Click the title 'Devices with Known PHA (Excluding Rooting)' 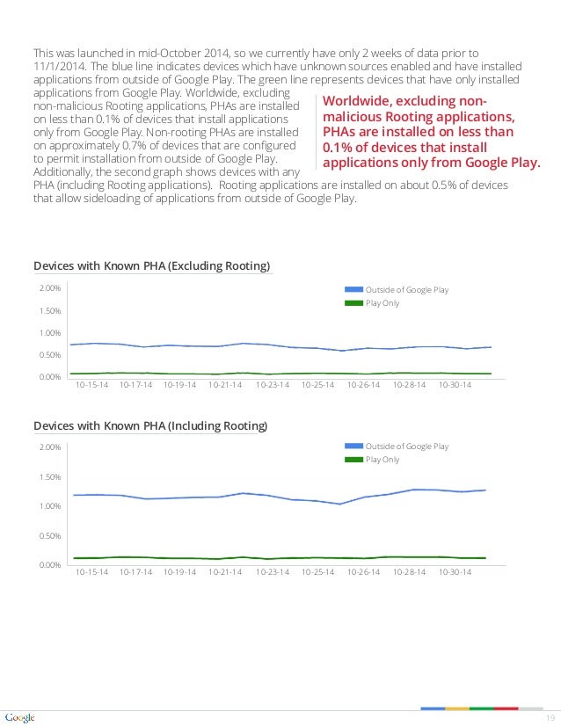pos(151,266)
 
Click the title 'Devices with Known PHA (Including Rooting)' pos(150,426)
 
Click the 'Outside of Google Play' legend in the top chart pos(407,290)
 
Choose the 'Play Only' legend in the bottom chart pos(382,460)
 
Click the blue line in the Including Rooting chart pos(264,497)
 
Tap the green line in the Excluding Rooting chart pos(264,374)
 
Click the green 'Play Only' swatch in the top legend pos(353,303)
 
